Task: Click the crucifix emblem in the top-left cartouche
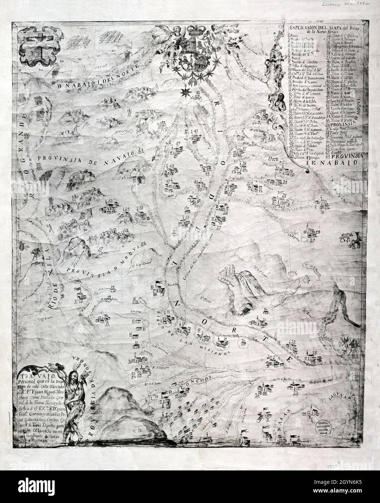coord(40,47)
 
